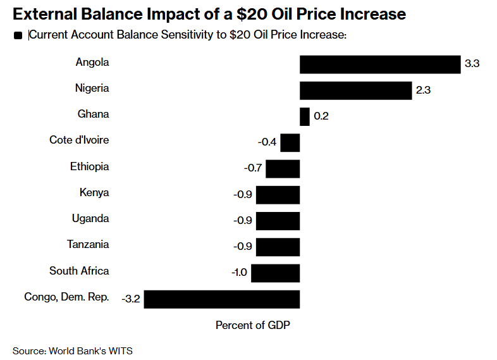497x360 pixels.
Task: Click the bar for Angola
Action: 379,65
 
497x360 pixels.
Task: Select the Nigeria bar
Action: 355,90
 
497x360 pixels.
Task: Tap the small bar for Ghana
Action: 304,116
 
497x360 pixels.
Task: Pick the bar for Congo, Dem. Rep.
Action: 221,299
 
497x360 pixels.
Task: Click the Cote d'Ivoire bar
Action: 290,142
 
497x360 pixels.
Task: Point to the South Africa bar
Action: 275,273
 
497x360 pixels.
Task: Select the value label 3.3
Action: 472,65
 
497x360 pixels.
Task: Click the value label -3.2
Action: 130,299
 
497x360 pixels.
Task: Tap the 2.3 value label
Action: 423,90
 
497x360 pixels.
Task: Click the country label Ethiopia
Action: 89,167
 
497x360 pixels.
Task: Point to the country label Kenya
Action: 94,193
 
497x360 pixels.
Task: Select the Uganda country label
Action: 90,219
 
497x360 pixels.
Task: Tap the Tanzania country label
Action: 88,245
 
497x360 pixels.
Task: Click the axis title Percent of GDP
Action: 252,325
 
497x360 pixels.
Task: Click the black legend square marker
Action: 18,37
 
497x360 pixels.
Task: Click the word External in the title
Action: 45,13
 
